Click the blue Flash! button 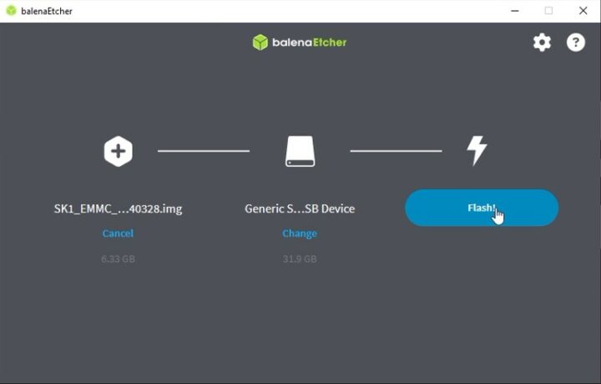tap(481, 208)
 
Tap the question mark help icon tap(576, 43)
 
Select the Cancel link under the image tap(118, 234)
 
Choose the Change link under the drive tap(300, 234)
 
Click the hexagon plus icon tap(118, 151)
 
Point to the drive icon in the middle tap(300, 151)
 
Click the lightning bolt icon tap(477, 151)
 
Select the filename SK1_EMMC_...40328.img tap(118, 209)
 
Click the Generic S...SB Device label tap(300, 209)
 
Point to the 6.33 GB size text tap(118, 259)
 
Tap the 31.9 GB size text tap(300, 259)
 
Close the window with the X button tap(583, 11)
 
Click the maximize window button tap(548, 11)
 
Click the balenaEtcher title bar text tap(47, 11)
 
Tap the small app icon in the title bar tap(11, 11)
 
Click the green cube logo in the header tap(260, 42)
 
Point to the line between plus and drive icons tap(204, 151)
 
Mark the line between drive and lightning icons tap(396, 151)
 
